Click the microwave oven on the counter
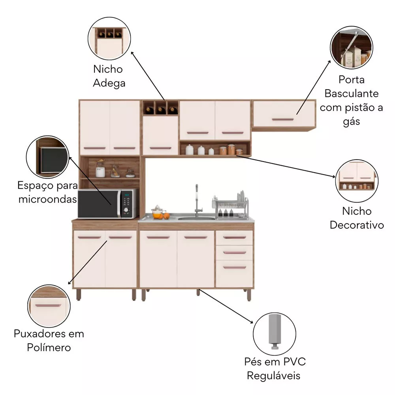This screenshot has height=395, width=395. coord(107,203)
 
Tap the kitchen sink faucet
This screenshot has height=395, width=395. coord(196,199)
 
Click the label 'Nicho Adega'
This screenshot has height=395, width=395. coord(109,76)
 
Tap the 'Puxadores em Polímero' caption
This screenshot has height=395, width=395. coord(49,340)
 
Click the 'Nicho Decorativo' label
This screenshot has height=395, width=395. coord(357,218)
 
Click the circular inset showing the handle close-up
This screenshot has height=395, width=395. coord(49,306)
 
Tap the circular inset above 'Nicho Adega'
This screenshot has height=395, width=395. coord(109,40)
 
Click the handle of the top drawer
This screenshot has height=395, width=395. coord(234,237)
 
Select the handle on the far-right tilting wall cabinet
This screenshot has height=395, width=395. coord(282,119)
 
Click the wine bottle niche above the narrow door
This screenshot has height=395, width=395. coord(160,108)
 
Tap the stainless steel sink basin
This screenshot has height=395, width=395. coord(196,217)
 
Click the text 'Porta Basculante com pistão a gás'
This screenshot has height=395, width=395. coord(351,100)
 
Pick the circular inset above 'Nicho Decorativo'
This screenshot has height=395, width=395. coord(356,181)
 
